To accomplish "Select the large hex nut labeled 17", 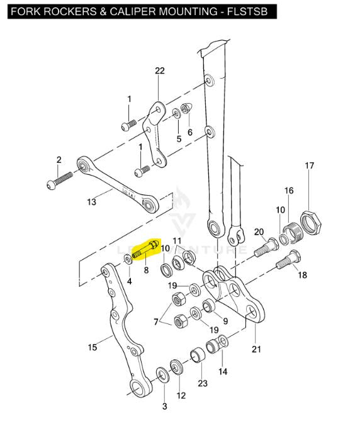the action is tap(311, 223).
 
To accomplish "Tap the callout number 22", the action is tap(160, 70).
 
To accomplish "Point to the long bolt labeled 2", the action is tap(60, 181).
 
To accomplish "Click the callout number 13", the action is tap(91, 202).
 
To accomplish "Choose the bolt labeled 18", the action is tap(288, 260).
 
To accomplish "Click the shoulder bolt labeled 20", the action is tap(266, 247).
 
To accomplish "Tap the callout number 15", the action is tap(93, 347).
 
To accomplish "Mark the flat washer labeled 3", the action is tap(163, 375).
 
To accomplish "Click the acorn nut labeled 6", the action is tap(188, 109).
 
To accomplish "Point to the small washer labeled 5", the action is tap(176, 113).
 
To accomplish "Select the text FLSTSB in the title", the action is tap(247, 11).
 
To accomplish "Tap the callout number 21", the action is tap(256, 349).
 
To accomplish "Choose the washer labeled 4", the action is tap(128, 259).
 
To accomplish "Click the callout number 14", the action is tap(223, 371).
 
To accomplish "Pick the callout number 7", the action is tap(156, 322).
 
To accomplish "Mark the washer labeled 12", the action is tap(177, 367).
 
